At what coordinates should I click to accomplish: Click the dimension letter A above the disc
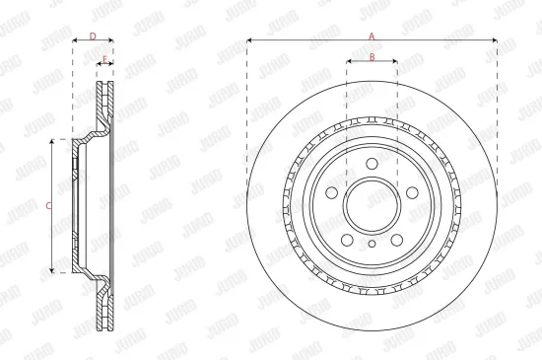[x=372, y=35]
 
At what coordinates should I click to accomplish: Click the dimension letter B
[x=372, y=56]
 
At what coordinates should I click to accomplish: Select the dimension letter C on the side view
[x=48, y=205]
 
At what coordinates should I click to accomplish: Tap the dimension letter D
[x=93, y=36]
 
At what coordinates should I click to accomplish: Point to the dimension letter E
[x=104, y=59]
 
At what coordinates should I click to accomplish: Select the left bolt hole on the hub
[x=330, y=193]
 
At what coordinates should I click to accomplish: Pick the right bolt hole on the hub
[x=413, y=193]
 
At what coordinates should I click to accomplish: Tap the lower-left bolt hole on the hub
[x=346, y=240]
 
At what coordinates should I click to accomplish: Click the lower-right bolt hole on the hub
[x=397, y=240]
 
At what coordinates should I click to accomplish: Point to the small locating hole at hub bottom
[x=372, y=244]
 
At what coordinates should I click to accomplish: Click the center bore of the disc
[x=372, y=205]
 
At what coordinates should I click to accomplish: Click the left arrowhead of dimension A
[x=249, y=40]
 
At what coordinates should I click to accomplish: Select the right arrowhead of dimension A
[x=496, y=40]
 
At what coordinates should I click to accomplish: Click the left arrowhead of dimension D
[x=76, y=42]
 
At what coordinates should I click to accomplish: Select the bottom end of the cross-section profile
[x=104, y=327]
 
